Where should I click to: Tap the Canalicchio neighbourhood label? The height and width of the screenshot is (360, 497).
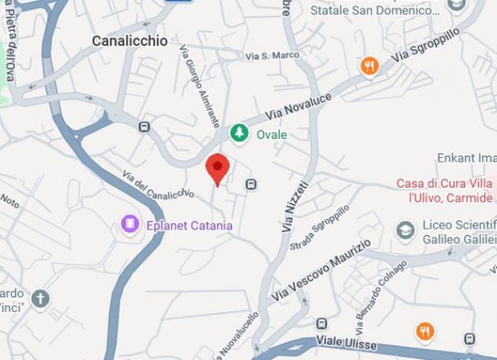130,41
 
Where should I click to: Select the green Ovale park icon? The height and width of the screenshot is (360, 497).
239,134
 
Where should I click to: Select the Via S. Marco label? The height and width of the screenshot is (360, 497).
272,56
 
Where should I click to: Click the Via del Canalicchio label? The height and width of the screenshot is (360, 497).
157,184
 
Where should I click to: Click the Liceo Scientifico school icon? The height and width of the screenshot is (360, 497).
405,231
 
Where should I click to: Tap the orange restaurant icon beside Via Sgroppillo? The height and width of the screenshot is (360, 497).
369,67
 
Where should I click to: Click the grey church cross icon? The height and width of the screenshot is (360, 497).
40,299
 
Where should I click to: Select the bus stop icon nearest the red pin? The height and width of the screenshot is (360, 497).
251,184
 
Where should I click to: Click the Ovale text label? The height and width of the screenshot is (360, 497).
271,134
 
